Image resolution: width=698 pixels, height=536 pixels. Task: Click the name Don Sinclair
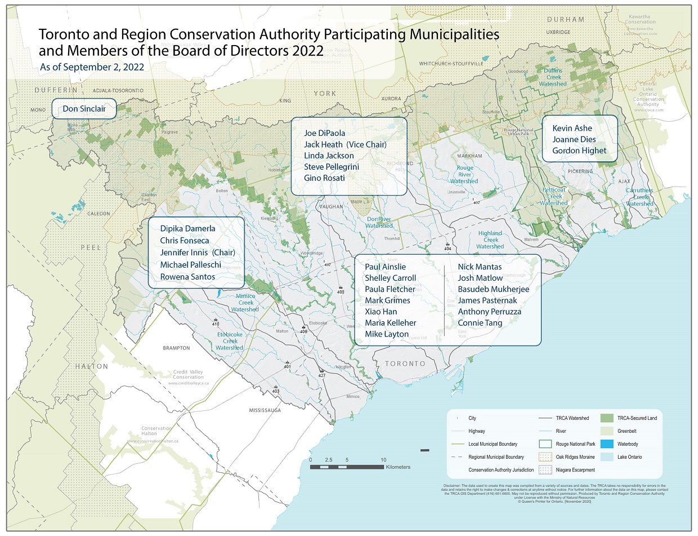pyautogui.click(x=84, y=109)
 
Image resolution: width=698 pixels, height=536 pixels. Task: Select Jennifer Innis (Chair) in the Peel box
pyautogui.click(x=197, y=253)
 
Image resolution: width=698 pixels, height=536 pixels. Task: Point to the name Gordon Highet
pyautogui.click(x=579, y=150)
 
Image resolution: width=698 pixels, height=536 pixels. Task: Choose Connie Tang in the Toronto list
pyautogui.click(x=480, y=323)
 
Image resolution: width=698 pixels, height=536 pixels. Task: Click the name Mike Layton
pyautogui.click(x=386, y=334)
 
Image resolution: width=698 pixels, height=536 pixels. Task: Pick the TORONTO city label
pyautogui.click(x=405, y=364)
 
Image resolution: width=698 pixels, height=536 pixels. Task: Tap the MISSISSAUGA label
pyautogui.click(x=265, y=410)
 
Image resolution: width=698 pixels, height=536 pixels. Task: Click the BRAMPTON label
pyautogui.click(x=176, y=348)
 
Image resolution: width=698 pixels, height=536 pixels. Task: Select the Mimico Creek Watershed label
pyautogui.click(x=245, y=303)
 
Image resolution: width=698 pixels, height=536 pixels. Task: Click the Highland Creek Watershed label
pyautogui.click(x=490, y=240)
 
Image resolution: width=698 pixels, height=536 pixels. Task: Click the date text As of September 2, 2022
pyautogui.click(x=92, y=67)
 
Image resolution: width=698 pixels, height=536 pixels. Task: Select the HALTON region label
pyautogui.click(x=92, y=366)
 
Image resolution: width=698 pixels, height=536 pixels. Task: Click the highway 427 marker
pyautogui.click(x=322, y=375)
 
